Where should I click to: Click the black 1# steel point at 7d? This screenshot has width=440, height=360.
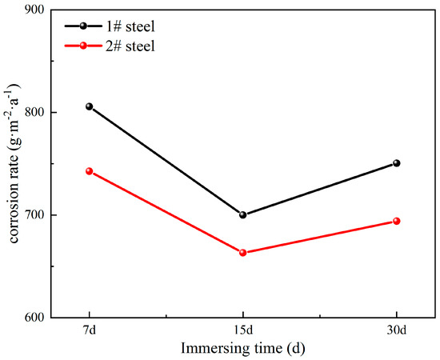(x=90, y=106)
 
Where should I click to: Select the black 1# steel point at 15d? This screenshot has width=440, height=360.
(x=243, y=214)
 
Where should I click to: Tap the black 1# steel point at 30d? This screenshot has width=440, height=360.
(x=396, y=163)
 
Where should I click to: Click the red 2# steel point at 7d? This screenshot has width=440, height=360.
(x=90, y=171)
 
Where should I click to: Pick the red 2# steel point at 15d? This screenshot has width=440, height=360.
(x=243, y=253)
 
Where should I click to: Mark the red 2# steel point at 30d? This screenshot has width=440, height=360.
(x=396, y=221)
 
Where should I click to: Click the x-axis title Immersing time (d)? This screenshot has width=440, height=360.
(x=242, y=348)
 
